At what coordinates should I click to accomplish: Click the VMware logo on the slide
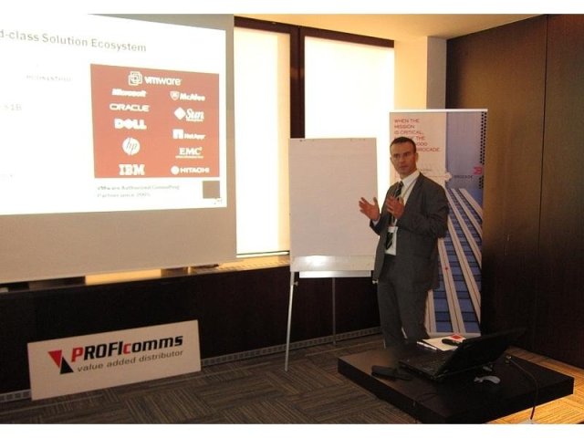(x=155, y=79)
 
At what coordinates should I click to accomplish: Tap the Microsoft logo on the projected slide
(x=129, y=93)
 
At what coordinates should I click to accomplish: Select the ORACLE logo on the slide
(x=130, y=108)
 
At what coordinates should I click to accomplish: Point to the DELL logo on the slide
(x=130, y=124)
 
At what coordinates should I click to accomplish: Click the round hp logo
(x=131, y=146)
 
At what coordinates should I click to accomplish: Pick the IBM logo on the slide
(x=131, y=170)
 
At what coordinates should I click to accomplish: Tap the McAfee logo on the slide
(x=188, y=96)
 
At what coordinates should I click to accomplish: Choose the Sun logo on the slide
(x=190, y=114)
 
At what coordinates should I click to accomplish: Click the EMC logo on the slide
(x=190, y=151)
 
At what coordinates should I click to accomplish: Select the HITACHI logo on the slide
(x=190, y=170)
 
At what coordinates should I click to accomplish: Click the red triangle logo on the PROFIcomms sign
(x=60, y=361)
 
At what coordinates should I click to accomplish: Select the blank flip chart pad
(x=332, y=196)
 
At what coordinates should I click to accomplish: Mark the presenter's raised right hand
(x=369, y=209)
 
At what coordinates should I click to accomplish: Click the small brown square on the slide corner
(x=212, y=189)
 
